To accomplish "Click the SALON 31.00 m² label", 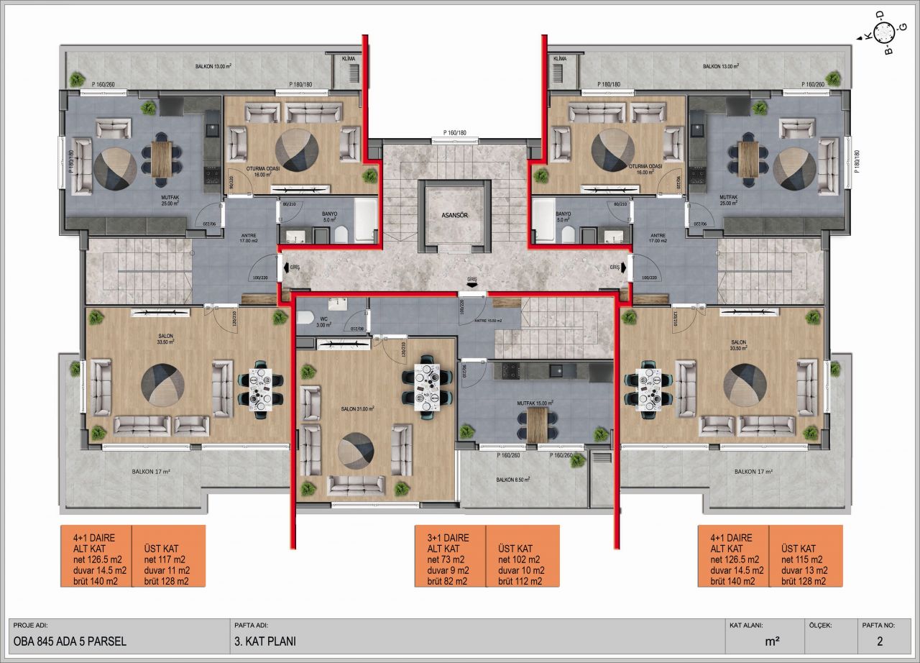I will click(358, 408).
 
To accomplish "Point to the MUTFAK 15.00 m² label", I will click(529, 404).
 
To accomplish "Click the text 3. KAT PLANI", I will click(264, 641).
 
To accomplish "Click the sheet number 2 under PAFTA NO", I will click(879, 641).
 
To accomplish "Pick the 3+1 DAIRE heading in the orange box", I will click(448, 537).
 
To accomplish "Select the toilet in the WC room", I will click(304, 316).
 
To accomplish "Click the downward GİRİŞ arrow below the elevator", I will click(471, 285).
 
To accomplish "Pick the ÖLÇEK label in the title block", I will click(819, 625).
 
